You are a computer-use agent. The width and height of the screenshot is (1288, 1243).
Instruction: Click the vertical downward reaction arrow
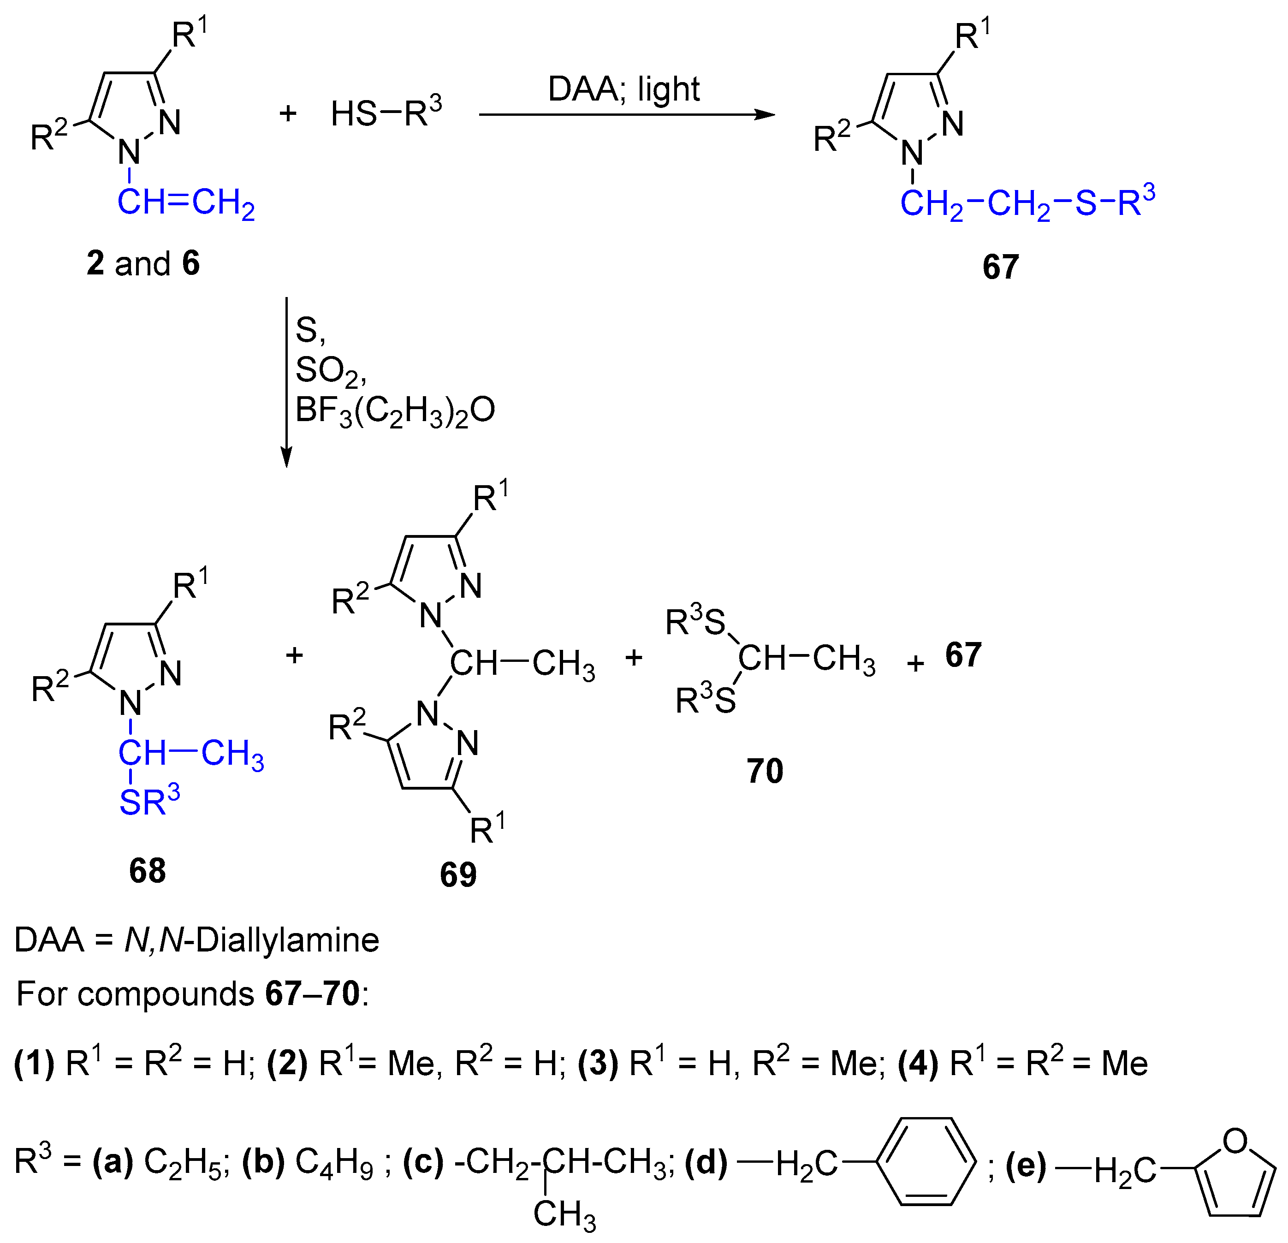286,381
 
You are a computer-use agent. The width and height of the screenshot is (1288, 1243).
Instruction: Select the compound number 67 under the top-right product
1000,267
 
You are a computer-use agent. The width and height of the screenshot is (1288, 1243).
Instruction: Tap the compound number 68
147,871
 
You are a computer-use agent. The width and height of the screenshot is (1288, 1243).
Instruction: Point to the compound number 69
458,875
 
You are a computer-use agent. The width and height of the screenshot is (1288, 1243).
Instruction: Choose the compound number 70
765,771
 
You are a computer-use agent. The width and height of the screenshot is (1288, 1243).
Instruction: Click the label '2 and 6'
143,263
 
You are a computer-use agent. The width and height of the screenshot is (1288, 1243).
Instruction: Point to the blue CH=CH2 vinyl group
185,203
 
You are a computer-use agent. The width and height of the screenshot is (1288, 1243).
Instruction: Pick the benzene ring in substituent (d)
926,1161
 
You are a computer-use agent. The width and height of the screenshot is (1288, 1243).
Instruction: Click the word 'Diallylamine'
287,940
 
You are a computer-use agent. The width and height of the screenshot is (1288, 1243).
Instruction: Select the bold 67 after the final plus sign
963,655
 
